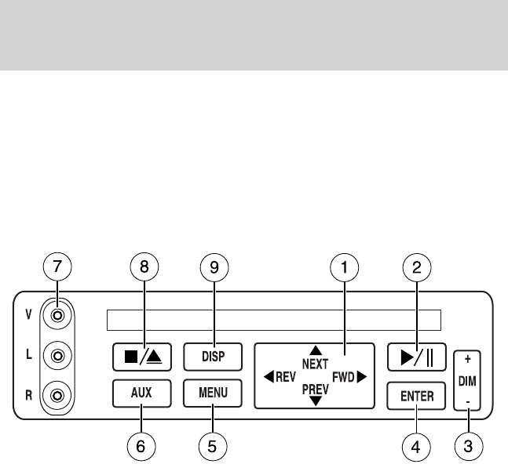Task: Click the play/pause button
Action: coord(417,357)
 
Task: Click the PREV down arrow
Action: coord(315,401)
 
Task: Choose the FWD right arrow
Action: coord(361,376)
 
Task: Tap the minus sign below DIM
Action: coord(469,399)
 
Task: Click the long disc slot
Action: coord(273,321)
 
